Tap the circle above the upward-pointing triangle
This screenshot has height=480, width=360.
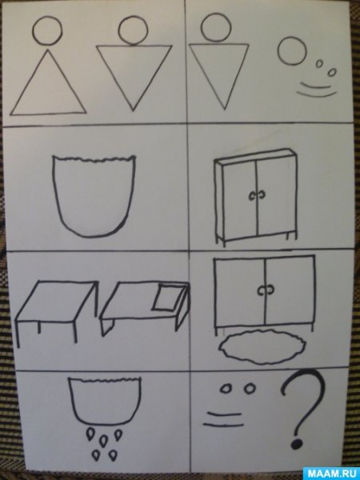click(x=47, y=16)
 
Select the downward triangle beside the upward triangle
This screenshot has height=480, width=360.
click(x=134, y=46)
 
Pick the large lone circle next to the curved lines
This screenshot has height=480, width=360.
click(x=292, y=38)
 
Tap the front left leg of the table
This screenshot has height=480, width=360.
click(x=18, y=334)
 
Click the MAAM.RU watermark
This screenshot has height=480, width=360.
click(x=330, y=474)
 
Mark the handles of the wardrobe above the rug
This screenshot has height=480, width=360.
click(x=266, y=290)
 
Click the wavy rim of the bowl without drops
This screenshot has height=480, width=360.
click(x=94, y=159)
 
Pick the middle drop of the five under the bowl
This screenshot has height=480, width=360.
click(x=104, y=440)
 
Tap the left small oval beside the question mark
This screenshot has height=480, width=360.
click(x=225, y=389)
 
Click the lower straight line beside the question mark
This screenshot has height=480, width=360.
click(x=223, y=425)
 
